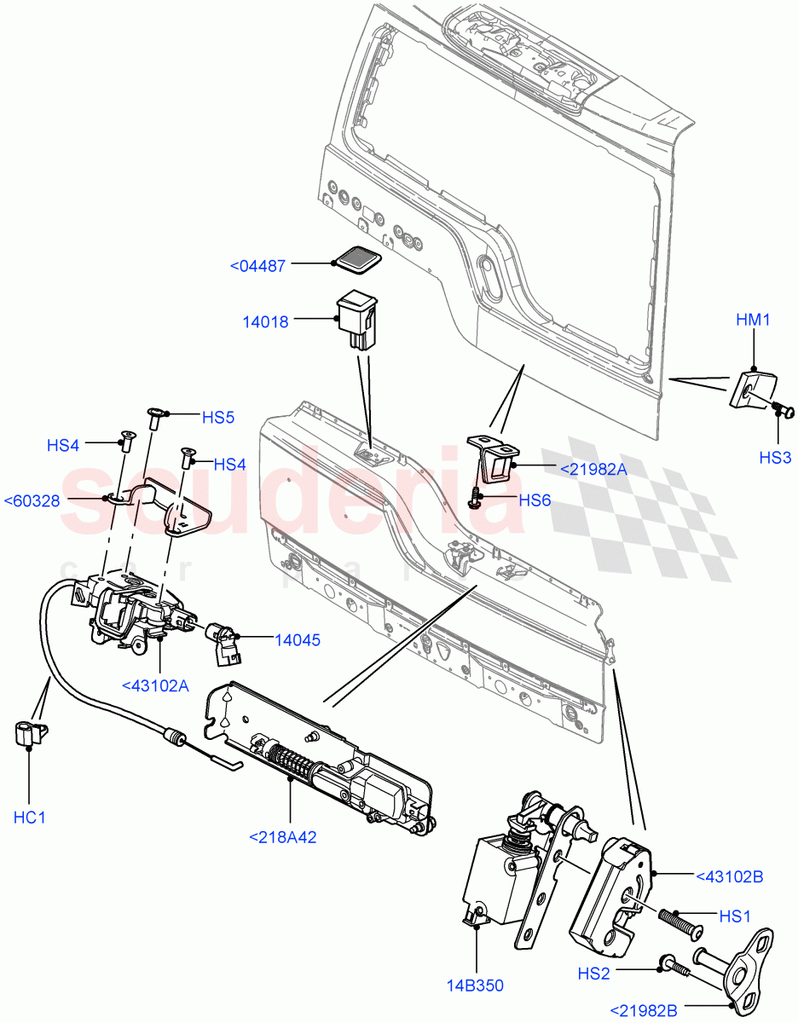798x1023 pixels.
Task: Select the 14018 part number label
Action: click(x=265, y=321)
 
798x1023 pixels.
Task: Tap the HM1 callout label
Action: click(x=753, y=320)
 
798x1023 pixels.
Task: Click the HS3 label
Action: click(x=776, y=458)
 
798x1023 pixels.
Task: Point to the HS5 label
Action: click(x=217, y=418)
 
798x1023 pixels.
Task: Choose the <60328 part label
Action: click(x=32, y=500)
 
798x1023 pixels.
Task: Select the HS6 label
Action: click(x=535, y=500)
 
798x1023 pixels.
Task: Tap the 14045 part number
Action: click(x=297, y=639)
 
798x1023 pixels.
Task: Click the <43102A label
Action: click(x=155, y=685)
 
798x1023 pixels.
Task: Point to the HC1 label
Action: click(x=29, y=818)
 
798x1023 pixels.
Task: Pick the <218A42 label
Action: click(x=282, y=837)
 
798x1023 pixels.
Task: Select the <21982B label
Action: click(x=644, y=1011)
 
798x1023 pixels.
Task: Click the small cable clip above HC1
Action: click(x=31, y=732)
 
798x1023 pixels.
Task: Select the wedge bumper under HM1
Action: click(x=747, y=388)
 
